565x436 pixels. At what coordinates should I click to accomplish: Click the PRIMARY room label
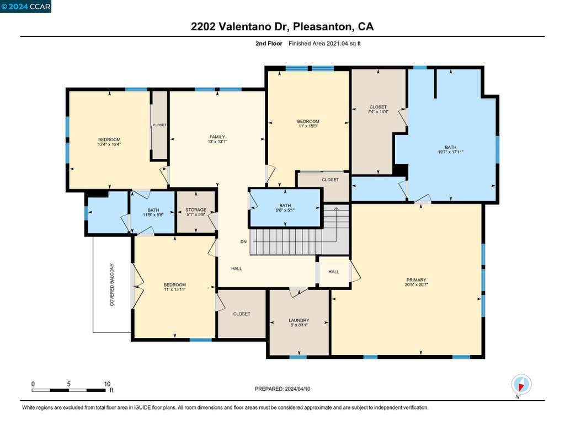(x=416, y=280)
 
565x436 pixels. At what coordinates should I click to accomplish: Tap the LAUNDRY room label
(x=299, y=320)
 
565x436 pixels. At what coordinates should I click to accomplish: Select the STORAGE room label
(x=196, y=209)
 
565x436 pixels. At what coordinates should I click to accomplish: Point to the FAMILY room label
(x=217, y=137)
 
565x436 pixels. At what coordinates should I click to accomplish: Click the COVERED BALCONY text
(x=111, y=285)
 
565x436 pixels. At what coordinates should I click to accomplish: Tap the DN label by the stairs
(x=243, y=241)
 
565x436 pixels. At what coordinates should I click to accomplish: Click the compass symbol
(x=521, y=385)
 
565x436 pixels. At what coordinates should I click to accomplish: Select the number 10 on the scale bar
(x=107, y=384)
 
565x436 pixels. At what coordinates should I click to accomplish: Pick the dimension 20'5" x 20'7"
(x=416, y=284)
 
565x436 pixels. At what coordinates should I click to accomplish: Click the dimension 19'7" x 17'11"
(x=450, y=152)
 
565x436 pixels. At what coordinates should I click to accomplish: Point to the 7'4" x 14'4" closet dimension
(x=378, y=111)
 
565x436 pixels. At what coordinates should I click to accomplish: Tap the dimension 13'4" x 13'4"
(x=109, y=144)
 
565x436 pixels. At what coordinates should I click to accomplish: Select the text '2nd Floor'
(x=269, y=44)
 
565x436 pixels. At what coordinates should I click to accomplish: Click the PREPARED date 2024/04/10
(x=297, y=389)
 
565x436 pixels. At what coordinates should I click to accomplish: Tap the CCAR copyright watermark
(x=25, y=7)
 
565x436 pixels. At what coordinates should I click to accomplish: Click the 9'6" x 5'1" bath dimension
(x=285, y=210)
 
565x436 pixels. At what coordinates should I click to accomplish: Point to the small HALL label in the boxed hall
(x=334, y=272)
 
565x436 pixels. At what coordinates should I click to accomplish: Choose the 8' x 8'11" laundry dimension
(x=299, y=325)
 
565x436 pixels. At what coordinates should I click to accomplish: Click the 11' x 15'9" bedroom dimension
(x=308, y=126)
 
